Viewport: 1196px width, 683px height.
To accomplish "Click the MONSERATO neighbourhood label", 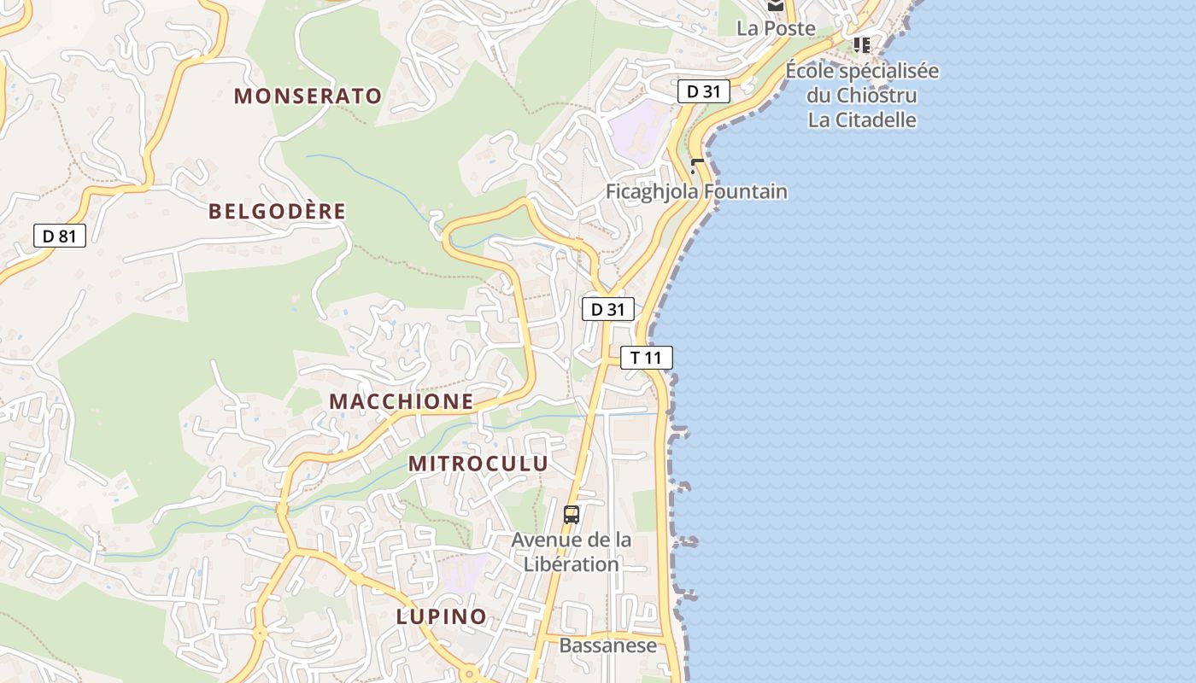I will [308, 96].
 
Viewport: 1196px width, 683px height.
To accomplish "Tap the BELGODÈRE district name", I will [278, 211].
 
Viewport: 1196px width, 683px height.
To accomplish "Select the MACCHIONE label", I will [401, 401].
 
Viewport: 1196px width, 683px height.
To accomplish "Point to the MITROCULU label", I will [478, 464].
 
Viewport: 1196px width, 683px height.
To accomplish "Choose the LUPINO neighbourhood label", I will [441, 616].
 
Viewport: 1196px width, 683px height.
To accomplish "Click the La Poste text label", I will [776, 28].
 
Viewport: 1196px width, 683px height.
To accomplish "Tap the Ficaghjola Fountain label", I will [696, 191].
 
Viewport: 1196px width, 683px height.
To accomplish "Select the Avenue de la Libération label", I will [572, 552].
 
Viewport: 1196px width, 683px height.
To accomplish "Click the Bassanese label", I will [607, 645].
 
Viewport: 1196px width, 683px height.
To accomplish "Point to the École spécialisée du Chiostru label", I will [862, 82].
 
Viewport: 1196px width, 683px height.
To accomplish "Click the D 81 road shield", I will [60, 236].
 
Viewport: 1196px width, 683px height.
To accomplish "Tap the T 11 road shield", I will [647, 358].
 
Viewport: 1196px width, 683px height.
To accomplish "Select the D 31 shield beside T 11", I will [607, 309].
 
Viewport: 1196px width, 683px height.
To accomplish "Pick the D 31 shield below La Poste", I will [703, 91].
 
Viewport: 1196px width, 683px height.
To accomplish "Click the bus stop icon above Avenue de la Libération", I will [572, 515].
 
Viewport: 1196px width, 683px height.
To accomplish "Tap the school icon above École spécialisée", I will [861, 44].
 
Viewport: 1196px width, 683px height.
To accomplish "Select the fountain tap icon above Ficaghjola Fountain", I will [697, 165].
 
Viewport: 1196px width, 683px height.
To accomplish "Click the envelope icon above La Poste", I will [775, 5].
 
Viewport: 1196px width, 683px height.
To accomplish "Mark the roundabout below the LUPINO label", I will [468, 674].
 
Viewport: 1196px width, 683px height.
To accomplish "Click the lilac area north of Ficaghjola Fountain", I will [637, 128].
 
